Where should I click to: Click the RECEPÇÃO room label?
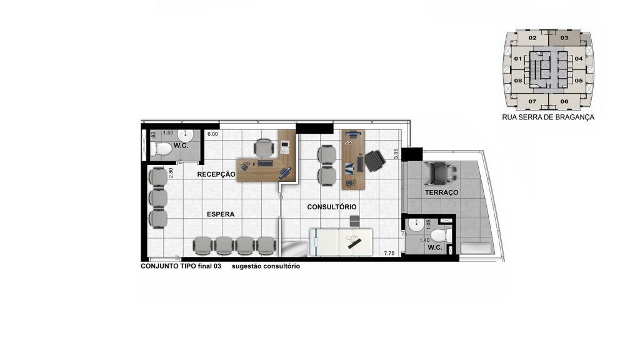216,174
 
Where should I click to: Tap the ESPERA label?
221,214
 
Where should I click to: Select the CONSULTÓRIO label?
332,207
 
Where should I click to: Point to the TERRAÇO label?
441,192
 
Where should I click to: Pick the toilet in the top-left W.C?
161,149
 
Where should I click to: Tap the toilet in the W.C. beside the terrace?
441,235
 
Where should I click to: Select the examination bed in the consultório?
341,242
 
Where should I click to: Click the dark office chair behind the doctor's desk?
374,161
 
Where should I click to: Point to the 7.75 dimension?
389,254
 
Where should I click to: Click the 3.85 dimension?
396,154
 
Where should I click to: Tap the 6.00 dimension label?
212,134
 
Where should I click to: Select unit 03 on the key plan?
564,38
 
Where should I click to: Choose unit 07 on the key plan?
532,101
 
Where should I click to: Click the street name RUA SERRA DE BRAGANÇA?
548,117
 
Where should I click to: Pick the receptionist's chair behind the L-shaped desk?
264,147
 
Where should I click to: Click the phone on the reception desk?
246,166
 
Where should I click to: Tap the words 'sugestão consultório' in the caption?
266,266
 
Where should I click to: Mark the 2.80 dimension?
171,172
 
